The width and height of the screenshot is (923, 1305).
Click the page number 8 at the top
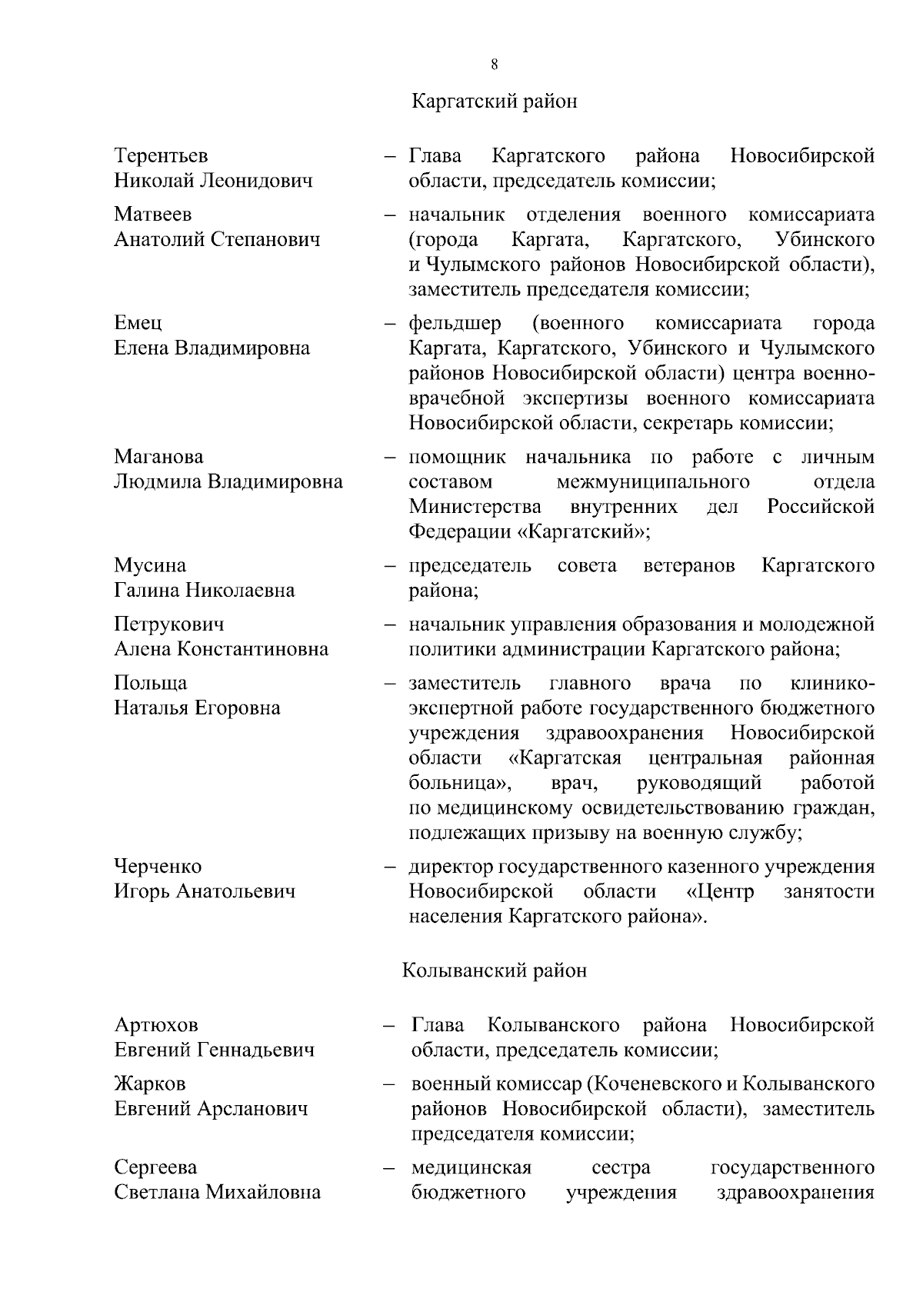[x=494, y=65]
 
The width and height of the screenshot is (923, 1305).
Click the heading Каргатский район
[x=494, y=102]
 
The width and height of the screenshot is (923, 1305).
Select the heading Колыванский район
[x=494, y=970]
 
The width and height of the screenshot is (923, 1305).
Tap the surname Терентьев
[x=161, y=156]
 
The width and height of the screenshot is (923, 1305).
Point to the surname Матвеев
[x=153, y=214]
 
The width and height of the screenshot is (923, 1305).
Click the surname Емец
[x=138, y=323]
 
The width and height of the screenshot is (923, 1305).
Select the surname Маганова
[x=159, y=457]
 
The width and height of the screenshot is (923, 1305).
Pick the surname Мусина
[x=150, y=566]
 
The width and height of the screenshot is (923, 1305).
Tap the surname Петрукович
[x=169, y=624]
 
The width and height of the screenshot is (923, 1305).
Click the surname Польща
[x=151, y=683]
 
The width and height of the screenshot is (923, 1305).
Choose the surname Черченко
[x=158, y=867]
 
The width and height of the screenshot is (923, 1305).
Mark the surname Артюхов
[x=156, y=1025]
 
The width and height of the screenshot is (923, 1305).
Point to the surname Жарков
[x=150, y=1084]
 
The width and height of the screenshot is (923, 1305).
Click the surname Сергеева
[x=155, y=1167]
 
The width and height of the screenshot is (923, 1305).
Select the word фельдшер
[x=455, y=323]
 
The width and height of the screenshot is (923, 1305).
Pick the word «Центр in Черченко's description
[x=719, y=892]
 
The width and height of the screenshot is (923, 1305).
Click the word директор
[x=451, y=867]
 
